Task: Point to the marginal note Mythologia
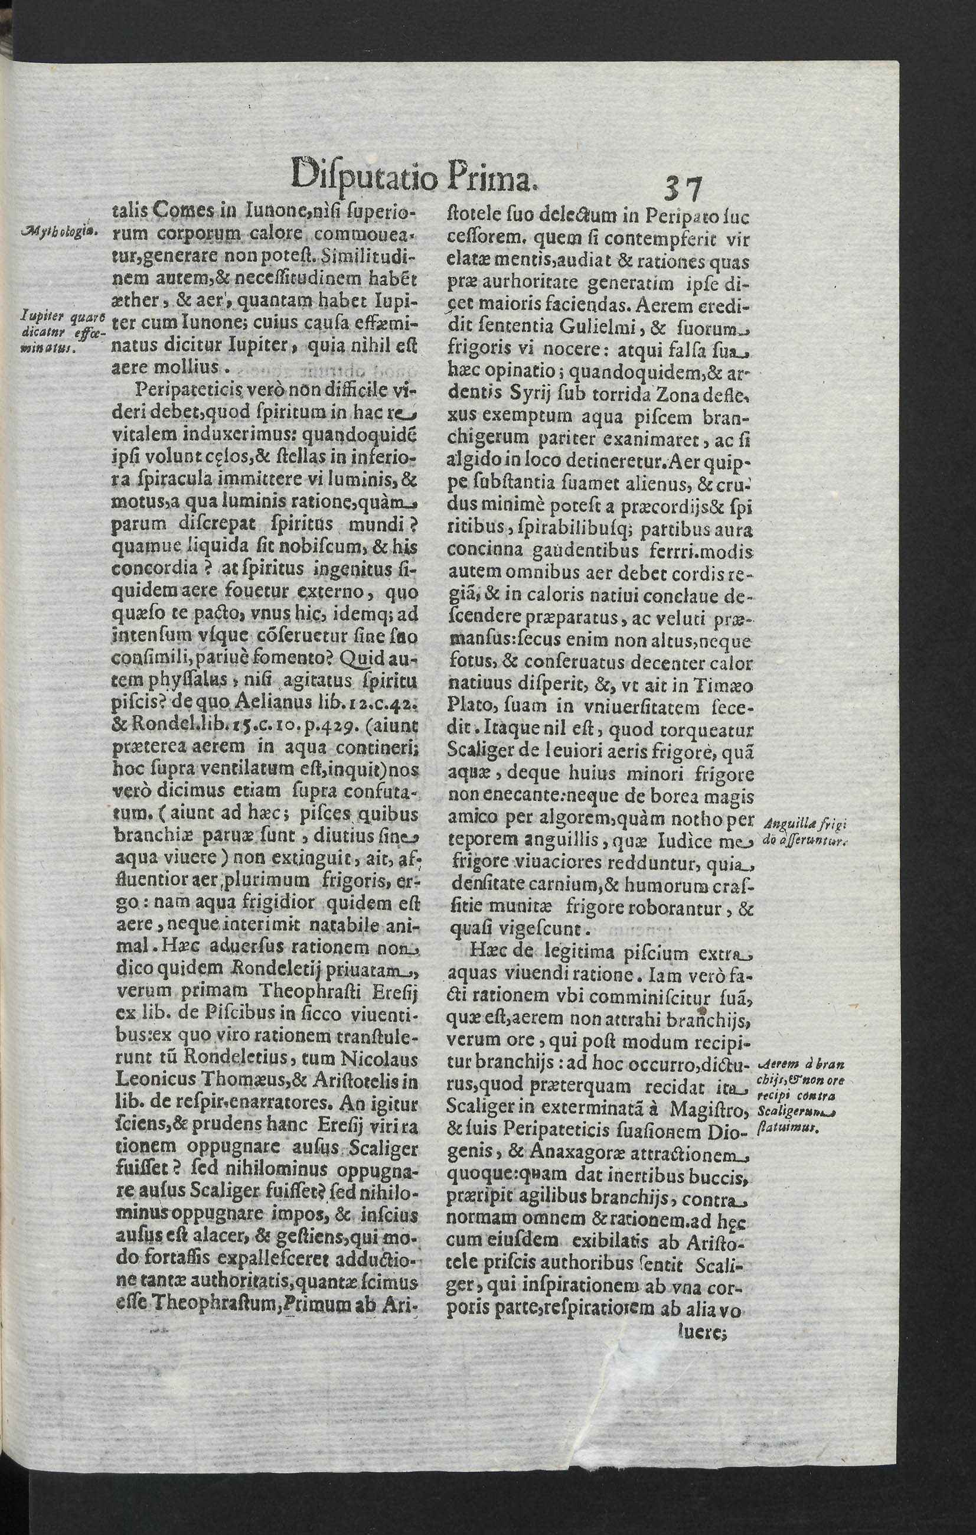(58, 231)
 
